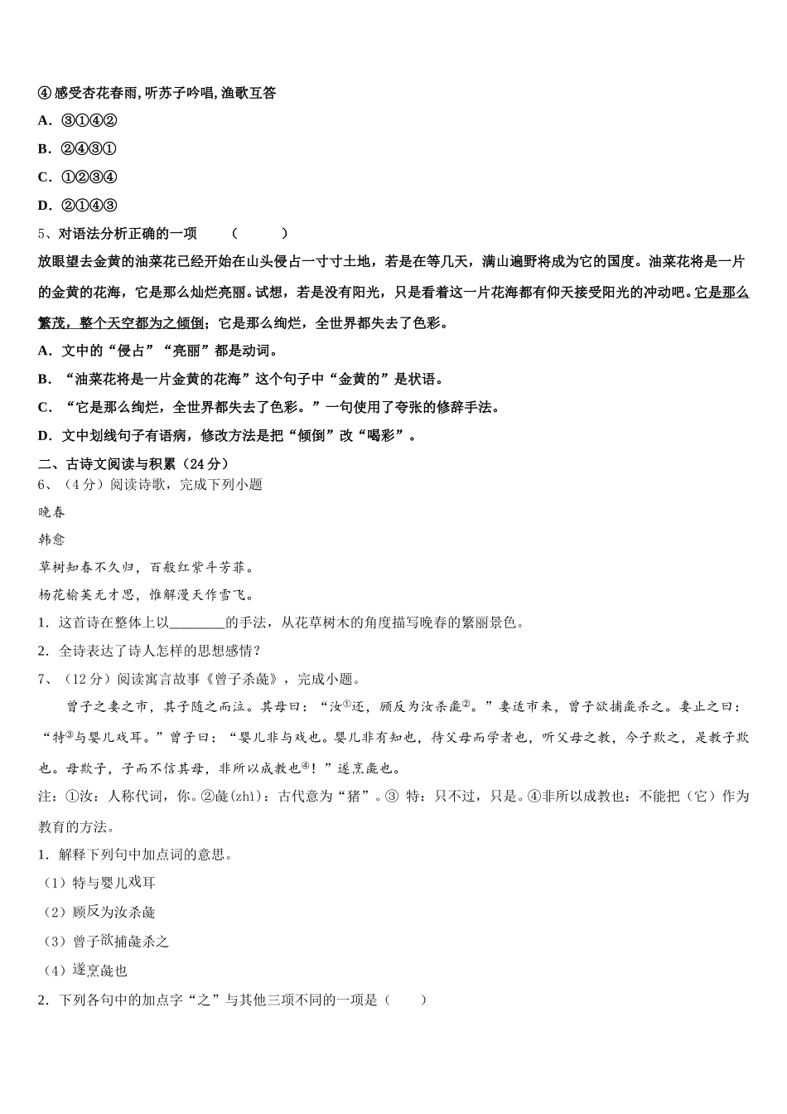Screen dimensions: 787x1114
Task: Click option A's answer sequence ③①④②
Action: pos(89,121)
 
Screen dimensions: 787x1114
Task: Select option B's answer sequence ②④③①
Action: pos(89,149)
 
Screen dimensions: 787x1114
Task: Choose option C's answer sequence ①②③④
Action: pos(89,177)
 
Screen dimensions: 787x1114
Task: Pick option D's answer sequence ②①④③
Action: pos(89,206)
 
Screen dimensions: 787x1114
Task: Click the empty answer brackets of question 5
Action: pos(260,234)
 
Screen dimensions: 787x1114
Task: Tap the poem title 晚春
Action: pos(51,512)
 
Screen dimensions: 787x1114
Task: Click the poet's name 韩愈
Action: pos(51,540)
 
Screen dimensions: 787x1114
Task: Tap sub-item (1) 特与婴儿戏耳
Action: pos(99,884)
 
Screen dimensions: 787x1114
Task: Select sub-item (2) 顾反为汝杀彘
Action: pos(99,913)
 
